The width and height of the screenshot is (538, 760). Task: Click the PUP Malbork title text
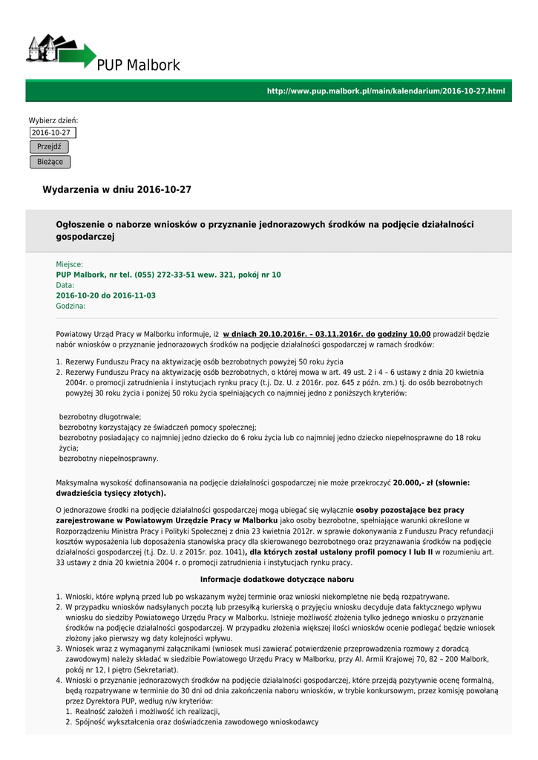pos(139,66)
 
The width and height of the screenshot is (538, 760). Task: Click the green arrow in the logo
pos(83,56)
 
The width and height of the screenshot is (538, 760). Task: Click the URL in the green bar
pos(385,91)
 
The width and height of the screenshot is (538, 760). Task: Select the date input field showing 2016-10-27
pos(53,133)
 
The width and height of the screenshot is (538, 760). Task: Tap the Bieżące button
pos(50,162)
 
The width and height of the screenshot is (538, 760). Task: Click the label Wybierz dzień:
pos(53,120)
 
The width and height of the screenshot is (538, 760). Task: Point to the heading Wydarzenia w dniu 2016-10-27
pos(117,190)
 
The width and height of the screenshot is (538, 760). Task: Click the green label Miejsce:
pos(70,264)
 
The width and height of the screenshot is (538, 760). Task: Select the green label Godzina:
pos(71,306)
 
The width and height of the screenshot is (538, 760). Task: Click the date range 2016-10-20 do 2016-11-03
pos(106,295)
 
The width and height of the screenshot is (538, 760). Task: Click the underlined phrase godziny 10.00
pos(404,335)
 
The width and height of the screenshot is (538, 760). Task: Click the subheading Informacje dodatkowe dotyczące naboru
pos(277,579)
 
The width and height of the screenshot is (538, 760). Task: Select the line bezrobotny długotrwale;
pos(100,417)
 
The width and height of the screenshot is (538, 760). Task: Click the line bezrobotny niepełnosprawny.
pos(108,459)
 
